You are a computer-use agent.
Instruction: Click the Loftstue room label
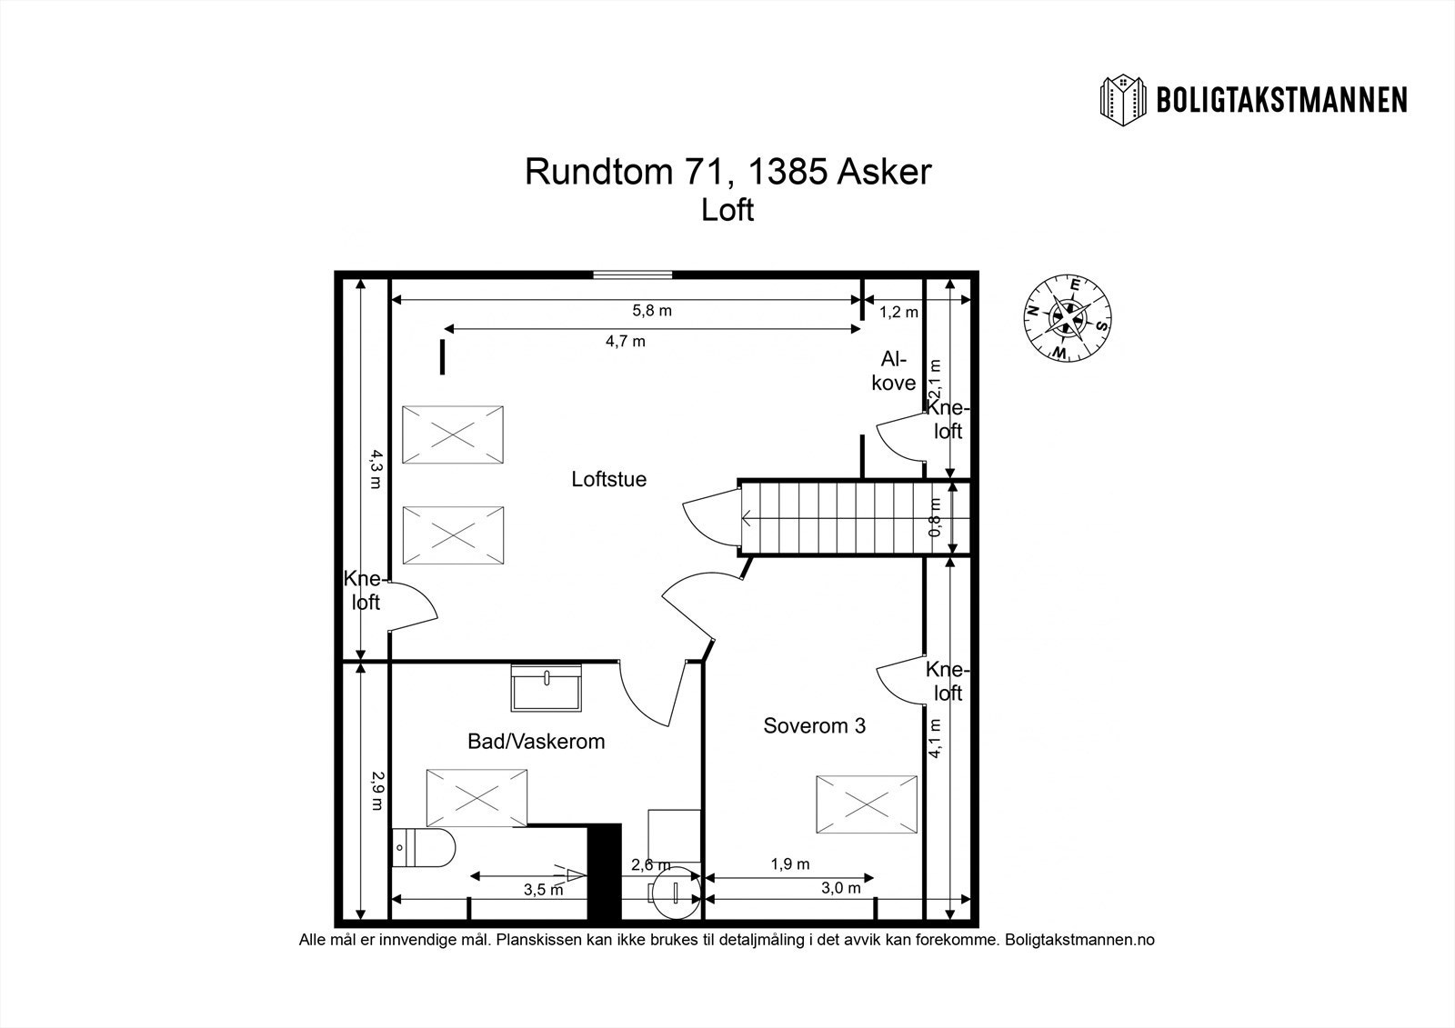tap(608, 479)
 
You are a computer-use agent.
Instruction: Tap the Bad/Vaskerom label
tap(536, 741)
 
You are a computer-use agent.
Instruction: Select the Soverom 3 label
tap(814, 725)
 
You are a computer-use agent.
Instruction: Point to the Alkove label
tap(893, 371)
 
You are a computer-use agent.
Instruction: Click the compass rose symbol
tap(1068, 317)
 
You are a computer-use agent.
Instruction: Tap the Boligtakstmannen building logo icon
tap(1124, 100)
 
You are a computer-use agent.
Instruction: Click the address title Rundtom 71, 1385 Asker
tap(728, 171)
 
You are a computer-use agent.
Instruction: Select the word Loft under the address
tap(727, 210)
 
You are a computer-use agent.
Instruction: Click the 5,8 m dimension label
tap(652, 310)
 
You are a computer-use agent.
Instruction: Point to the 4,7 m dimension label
tap(625, 342)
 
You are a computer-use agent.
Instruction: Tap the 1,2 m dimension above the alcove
tap(898, 312)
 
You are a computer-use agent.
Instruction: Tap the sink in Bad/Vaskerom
tap(547, 688)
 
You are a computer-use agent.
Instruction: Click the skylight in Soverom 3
tap(866, 803)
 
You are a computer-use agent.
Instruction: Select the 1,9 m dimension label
tap(789, 864)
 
